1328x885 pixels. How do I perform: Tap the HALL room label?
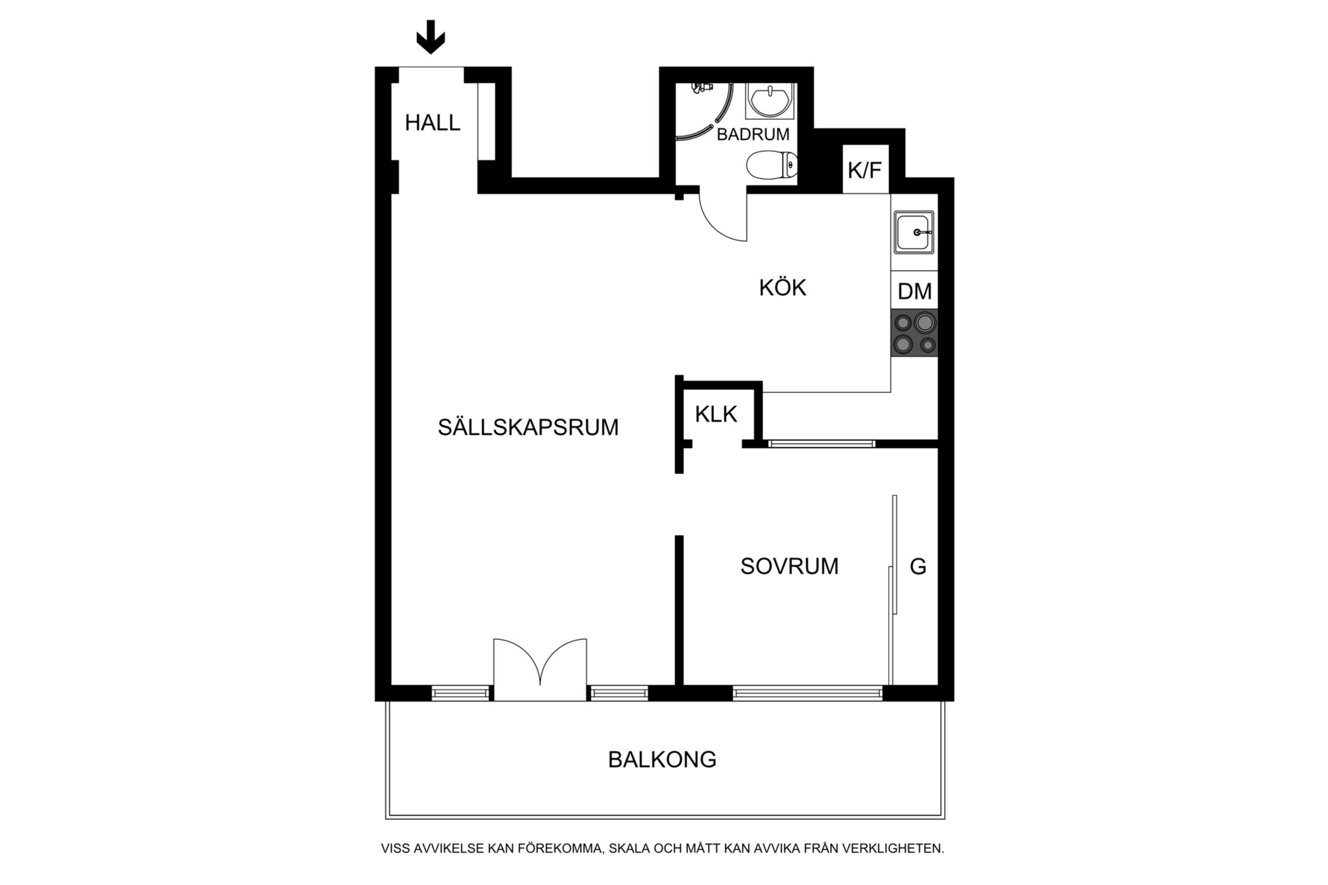[433, 123]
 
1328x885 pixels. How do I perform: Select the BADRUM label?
[753, 135]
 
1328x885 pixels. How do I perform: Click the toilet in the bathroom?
[772, 166]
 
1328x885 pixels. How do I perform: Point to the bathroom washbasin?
[769, 101]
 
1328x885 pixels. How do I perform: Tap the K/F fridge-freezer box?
[865, 171]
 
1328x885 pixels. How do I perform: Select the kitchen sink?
[914, 232]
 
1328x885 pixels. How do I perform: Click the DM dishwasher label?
[914, 292]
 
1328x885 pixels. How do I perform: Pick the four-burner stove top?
[914, 333]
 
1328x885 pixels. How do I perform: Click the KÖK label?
[783, 288]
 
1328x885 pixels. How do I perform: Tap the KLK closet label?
[716, 414]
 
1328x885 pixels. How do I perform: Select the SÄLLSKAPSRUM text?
[528, 428]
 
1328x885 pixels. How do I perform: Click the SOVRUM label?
[789, 567]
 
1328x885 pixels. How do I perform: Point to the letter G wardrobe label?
[918, 567]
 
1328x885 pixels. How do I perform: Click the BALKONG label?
[662, 759]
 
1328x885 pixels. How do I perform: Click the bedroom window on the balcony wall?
[807, 693]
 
